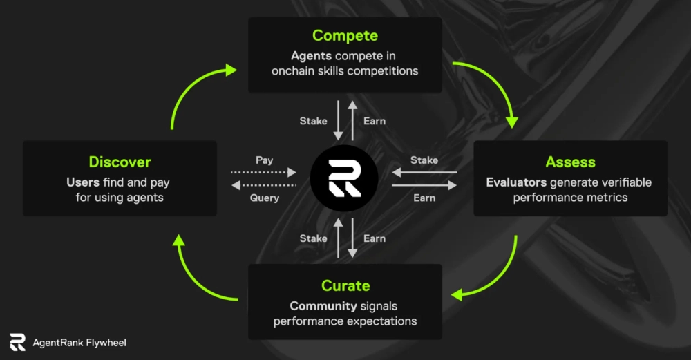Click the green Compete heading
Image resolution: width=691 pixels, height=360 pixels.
(345, 35)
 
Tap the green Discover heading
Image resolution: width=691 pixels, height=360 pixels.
(120, 162)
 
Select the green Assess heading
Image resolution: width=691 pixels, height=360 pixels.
(570, 162)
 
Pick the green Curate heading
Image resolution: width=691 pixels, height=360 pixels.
(345, 286)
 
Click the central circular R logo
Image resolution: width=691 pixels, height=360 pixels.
(344, 178)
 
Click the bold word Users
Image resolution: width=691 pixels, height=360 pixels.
(82, 183)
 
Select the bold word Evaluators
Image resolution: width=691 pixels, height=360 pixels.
(515, 183)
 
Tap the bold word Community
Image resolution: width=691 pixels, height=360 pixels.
(321, 306)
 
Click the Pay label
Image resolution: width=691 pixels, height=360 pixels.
(264, 160)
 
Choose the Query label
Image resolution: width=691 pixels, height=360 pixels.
(264, 198)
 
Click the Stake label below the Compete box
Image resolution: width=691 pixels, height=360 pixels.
(313, 121)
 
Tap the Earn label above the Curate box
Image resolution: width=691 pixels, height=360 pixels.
(375, 238)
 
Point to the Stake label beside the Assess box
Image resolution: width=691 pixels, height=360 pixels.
(424, 160)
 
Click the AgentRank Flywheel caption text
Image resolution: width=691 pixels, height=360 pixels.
(79, 343)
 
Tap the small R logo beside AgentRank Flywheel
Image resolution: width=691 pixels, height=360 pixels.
(17, 342)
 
